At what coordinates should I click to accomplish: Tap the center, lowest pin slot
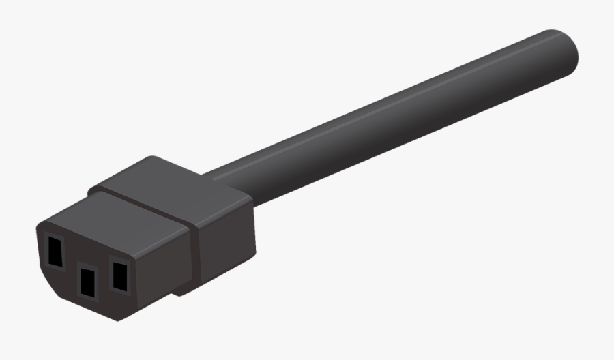pyautogui.click(x=87, y=281)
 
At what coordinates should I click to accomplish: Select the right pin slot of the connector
pyautogui.click(x=119, y=275)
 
